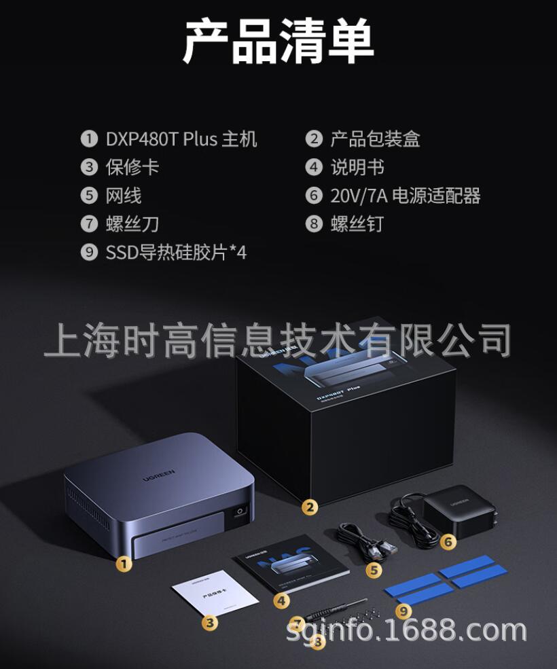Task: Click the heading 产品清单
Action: pos(278,42)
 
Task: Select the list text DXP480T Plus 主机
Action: pos(181,139)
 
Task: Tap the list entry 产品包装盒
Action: pos(375,139)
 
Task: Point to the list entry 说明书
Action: pos(357,167)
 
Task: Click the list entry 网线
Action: pos(124,196)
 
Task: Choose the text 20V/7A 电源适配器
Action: pos(406,196)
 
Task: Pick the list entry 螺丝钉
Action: pos(357,224)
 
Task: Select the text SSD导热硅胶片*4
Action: pos(176,253)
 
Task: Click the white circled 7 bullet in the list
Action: pos(89,224)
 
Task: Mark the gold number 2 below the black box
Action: pos(310,507)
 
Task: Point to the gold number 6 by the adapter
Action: pos(448,541)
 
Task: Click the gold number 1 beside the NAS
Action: pos(123,562)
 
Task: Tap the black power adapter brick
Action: pos(454,511)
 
